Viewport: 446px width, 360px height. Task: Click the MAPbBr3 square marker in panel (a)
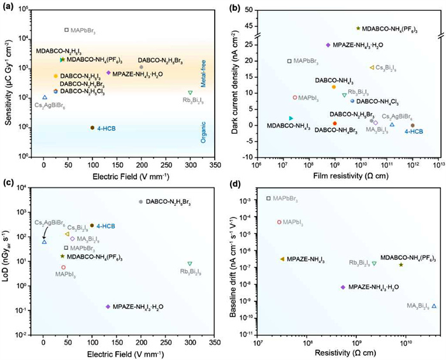click(66, 30)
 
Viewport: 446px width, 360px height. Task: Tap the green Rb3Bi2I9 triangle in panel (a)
click(190, 93)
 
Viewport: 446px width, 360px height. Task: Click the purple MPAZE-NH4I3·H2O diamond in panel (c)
click(108, 306)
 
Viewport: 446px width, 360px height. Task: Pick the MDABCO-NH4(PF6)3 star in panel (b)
click(358, 28)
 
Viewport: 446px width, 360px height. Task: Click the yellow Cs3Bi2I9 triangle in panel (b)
click(372, 68)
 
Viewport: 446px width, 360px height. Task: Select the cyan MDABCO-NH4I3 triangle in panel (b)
click(291, 119)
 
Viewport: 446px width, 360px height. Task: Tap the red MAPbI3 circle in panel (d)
click(279, 222)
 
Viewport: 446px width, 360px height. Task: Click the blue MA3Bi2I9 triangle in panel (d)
click(434, 306)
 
